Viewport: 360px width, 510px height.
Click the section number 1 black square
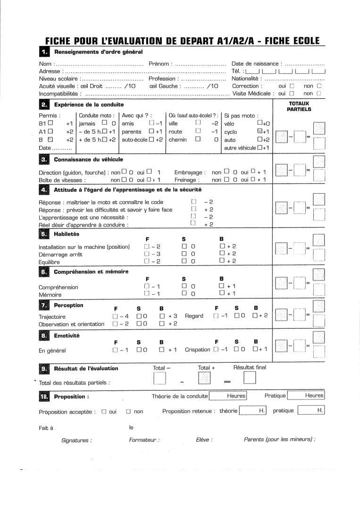[43, 51]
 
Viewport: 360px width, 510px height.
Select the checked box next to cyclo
[260, 132]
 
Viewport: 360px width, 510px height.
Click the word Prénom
[159, 64]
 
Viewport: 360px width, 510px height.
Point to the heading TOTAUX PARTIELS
[299, 106]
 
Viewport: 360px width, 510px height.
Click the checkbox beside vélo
[260, 124]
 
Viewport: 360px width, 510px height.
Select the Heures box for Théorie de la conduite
[228, 396]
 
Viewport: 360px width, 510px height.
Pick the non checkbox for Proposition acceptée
[128, 411]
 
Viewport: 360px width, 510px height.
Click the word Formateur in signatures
[143, 440]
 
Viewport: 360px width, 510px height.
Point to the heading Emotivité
[67, 336]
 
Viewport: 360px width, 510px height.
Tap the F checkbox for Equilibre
[147, 261]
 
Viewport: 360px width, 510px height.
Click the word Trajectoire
[52, 316]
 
